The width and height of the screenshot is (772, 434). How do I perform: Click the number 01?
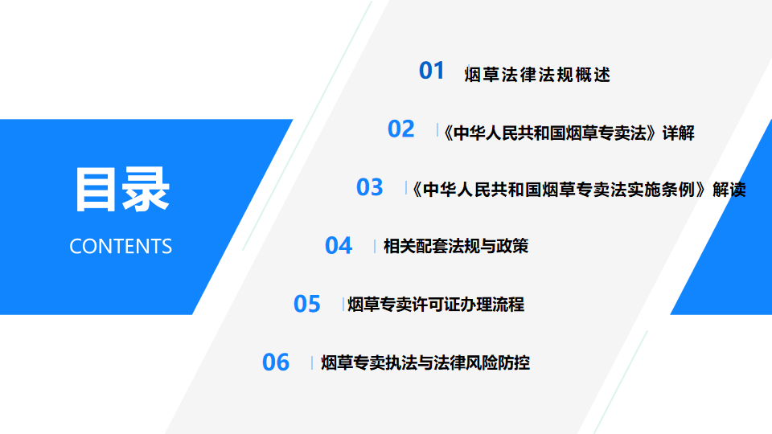click(x=431, y=71)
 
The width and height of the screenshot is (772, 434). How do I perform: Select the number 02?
click(x=400, y=129)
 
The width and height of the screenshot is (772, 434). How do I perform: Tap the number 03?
click(x=369, y=187)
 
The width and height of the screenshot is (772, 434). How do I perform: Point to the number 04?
click(x=339, y=246)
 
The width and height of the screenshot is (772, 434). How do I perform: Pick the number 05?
click(x=306, y=304)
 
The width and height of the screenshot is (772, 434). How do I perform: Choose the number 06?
click(x=276, y=362)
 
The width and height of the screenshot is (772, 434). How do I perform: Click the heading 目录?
click(x=121, y=190)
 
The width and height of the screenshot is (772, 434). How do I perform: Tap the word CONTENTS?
click(x=121, y=247)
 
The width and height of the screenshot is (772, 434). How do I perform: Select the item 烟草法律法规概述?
click(x=537, y=75)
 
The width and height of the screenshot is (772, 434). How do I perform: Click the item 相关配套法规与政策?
click(x=456, y=246)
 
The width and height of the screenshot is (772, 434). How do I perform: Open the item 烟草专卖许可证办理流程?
click(x=436, y=305)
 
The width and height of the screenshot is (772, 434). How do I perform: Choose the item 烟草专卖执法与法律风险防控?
click(x=425, y=362)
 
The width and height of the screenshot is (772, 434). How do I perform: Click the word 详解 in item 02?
click(x=678, y=133)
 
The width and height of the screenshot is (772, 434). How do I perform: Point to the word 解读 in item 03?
click(x=729, y=190)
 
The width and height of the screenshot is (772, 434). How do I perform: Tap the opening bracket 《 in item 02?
click(x=448, y=133)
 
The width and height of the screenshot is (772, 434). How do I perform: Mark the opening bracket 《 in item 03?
click(x=417, y=190)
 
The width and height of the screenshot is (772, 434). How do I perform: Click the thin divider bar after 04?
click(x=375, y=246)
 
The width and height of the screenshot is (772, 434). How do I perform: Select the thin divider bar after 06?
click(x=312, y=363)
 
